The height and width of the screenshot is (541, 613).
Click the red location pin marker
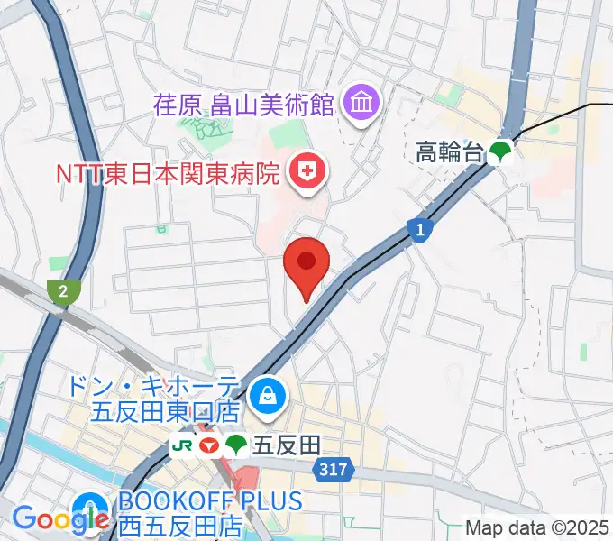(306, 265)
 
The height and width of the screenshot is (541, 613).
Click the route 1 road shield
(420, 231)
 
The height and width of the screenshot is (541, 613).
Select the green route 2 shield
(63, 290)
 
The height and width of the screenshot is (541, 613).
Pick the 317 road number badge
(330, 470)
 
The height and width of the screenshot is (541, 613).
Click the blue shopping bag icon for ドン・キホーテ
(268, 393)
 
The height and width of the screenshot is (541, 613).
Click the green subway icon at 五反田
(236, 445)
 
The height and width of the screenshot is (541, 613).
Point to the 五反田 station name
(287, 445)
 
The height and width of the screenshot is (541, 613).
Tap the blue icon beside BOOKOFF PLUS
(90, 505)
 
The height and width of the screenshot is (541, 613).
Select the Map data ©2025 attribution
(538, 528)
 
